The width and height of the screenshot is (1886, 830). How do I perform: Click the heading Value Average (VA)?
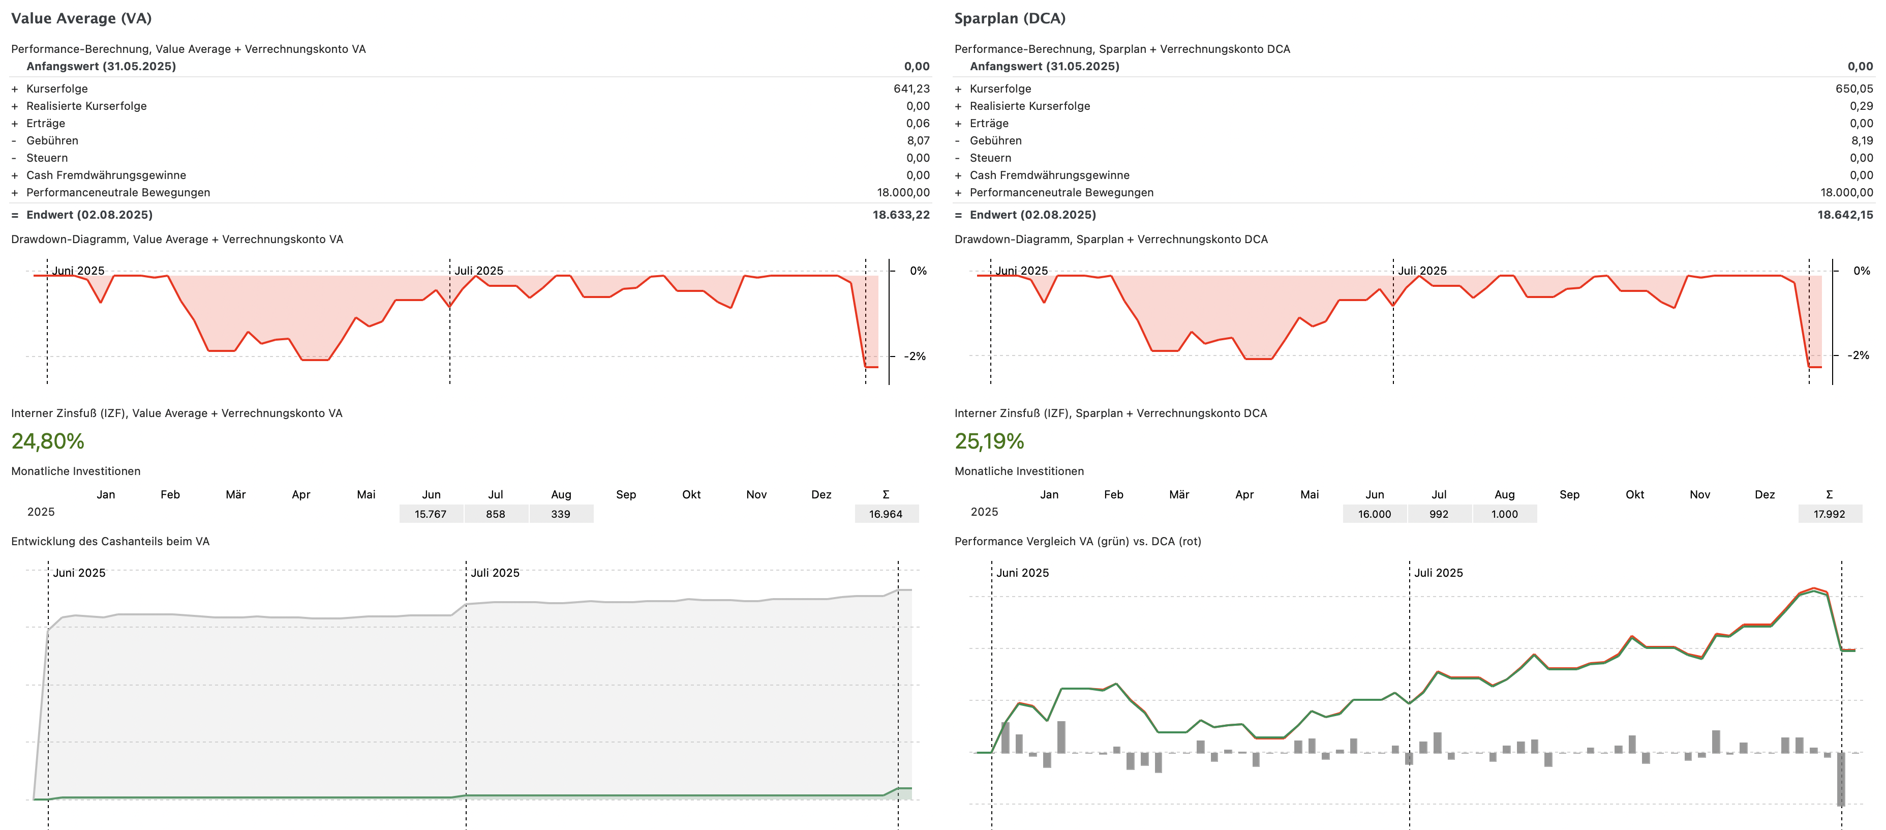pyautogui.click(x=81, y=18)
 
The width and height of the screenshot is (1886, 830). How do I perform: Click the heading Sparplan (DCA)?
pyautogui.click(x=1010, y=18)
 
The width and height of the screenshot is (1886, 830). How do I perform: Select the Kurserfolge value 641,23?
pyautogui.click(x=911, y=88)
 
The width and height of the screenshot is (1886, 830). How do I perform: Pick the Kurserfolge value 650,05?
pyautogui.click(x=1854, y=88)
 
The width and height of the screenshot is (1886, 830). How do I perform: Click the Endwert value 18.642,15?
pyautogui.click(x=1844, y=215)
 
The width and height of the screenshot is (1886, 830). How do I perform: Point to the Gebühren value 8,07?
pyautogui.click(x=918, y=141)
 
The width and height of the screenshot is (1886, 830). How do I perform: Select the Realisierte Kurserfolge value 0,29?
pyautogui.click(x=1861, y=106)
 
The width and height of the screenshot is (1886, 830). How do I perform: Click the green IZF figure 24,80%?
pyautogui.click(x=48, y=441)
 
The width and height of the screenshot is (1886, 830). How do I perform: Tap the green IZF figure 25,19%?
pyautogui.click(x=989, y=441)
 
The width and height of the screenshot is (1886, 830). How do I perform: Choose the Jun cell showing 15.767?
pyautogui.click(x=431, y=514)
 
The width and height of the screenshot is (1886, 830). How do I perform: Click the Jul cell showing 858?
pyautogui.click(x=496, y=514)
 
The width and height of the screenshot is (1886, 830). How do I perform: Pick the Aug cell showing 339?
pyautogui.click(x=561, y=514)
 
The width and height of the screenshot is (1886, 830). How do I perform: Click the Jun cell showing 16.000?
pyautogui.click(x=1374, y=514)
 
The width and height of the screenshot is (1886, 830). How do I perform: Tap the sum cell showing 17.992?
pyautogui.click(x=1829, y=514)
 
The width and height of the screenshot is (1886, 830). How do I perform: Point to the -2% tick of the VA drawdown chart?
pyautogui.click(x=915, y=357)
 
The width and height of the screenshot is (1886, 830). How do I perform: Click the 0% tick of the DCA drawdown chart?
pyautogui.click(x=1861, y=271)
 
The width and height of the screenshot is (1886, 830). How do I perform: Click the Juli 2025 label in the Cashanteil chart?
pyautogui.click(x=495, y=573)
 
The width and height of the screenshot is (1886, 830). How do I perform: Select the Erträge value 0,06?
pyautogui.click(x=918, y=124)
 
